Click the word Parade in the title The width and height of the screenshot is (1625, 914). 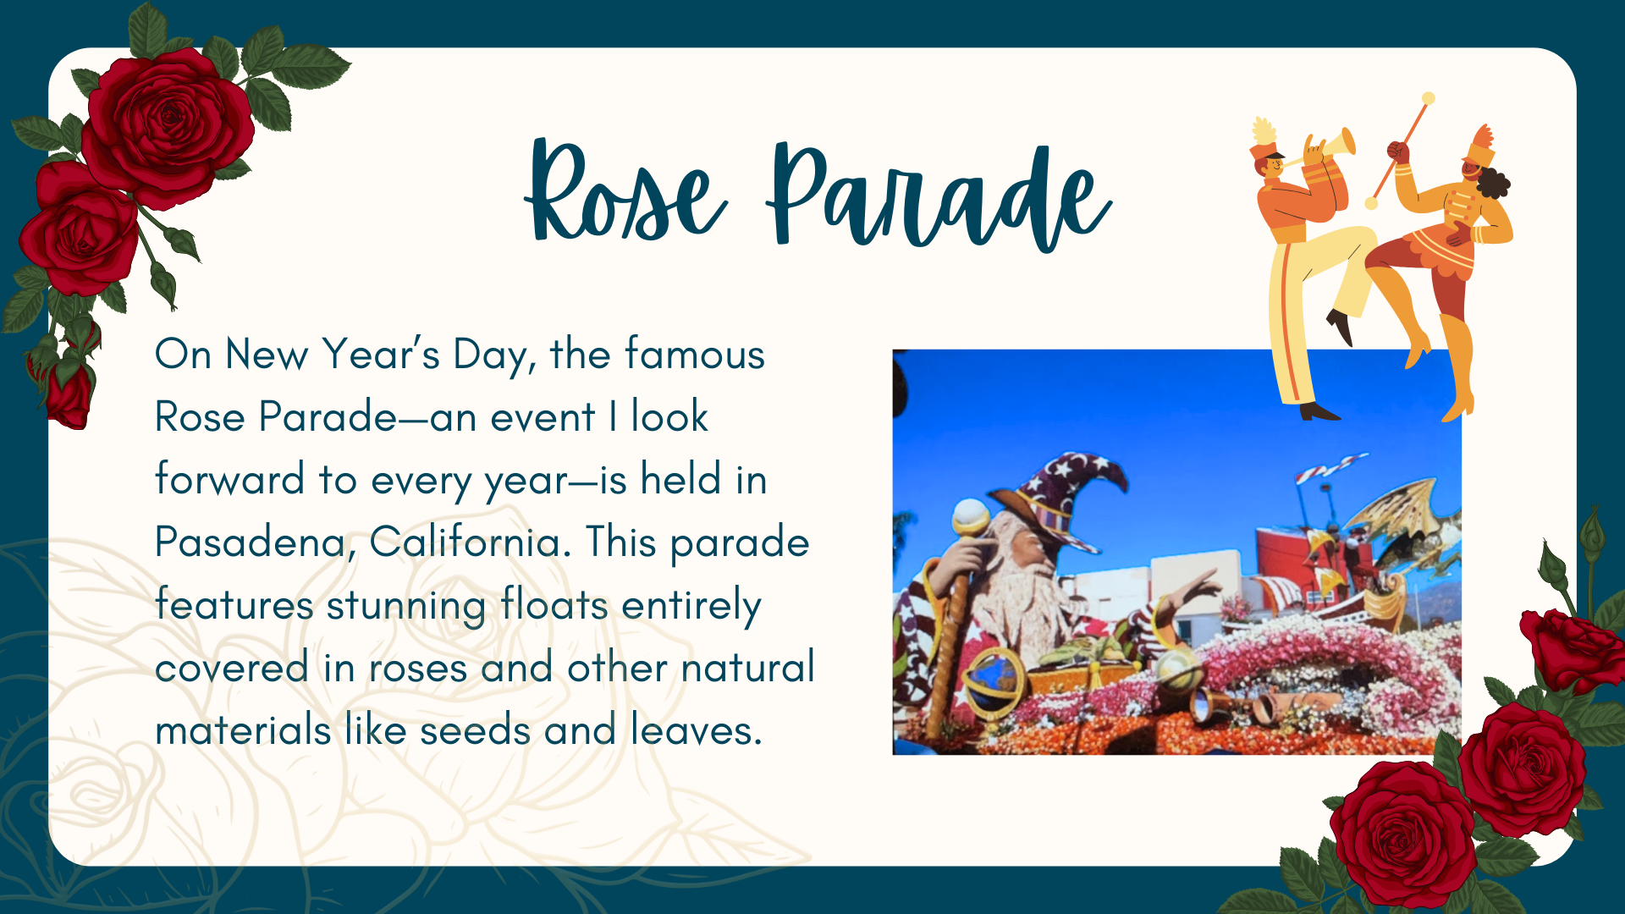pos(939,196)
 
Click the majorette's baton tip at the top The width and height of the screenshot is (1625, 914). pos(1429,98)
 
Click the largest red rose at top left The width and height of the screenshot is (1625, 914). pos(168,127)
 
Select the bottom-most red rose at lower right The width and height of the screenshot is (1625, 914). pos(1401,834)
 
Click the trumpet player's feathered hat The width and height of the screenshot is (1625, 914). pos(1264,144)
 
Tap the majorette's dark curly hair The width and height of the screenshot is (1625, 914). pos(1494,183)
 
